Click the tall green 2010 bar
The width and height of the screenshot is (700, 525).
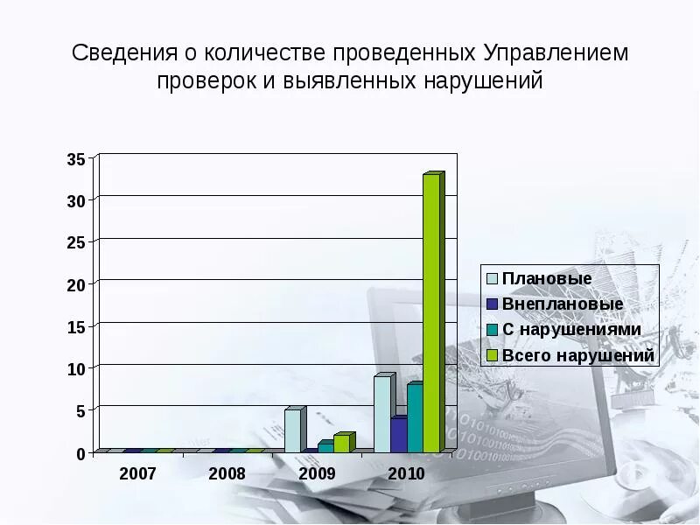point(431,312)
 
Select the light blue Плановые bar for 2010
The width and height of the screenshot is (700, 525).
point(381,414)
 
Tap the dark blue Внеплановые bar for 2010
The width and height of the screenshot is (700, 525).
point(398,435)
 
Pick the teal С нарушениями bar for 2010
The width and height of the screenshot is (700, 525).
point(414,418)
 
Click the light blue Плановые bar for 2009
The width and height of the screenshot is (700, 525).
point(293,430)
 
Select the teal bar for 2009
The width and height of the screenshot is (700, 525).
point(325,447)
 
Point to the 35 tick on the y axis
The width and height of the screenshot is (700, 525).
point(75,159)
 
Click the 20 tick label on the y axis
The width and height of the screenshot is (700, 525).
point(75,285)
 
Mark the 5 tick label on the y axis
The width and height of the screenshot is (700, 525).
point(80,410)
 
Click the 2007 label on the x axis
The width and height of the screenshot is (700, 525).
point(137,473)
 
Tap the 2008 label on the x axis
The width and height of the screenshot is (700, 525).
point(227,473)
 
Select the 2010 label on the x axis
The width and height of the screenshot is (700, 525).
point(405,473)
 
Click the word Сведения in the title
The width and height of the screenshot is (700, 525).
point(123,52)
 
